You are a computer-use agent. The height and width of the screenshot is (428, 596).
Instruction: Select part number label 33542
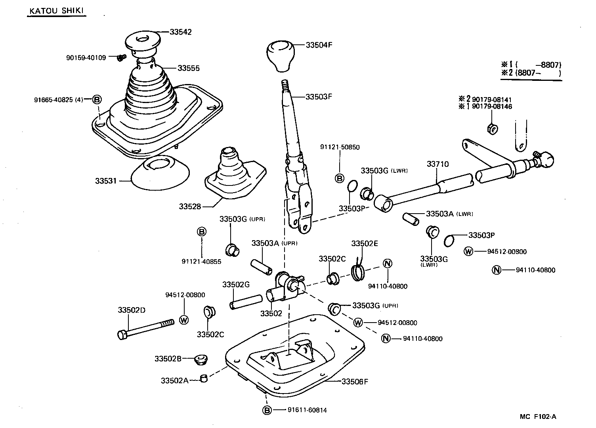point(181,32)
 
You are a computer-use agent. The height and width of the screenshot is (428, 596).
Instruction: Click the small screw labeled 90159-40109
point(121,58)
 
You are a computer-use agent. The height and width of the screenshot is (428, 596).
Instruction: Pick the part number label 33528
point(190,206)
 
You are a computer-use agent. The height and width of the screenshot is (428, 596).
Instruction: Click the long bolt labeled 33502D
point(145,329)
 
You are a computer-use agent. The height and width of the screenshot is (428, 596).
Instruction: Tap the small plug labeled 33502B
point(201,360)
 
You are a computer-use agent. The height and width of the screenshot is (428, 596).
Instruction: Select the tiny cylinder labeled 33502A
point(204,378)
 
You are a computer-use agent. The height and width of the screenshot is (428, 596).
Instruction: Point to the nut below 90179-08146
point(492,128)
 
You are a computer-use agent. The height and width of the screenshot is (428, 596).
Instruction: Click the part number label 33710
point(437,164)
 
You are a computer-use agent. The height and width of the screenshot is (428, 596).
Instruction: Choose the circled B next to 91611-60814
point(267,410)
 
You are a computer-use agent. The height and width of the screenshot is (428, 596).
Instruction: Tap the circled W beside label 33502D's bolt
point(184,320)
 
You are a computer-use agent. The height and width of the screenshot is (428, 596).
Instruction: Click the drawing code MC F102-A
point(538,416)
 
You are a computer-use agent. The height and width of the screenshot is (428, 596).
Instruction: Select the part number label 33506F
point(355,382)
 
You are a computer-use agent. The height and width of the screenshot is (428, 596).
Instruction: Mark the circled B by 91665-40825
point(97,99)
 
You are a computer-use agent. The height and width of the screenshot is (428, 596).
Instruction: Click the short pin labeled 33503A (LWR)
point(410,218)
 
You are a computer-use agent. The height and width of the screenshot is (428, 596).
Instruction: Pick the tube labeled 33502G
point(246,301)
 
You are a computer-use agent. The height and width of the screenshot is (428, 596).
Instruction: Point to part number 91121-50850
point(340,147)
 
